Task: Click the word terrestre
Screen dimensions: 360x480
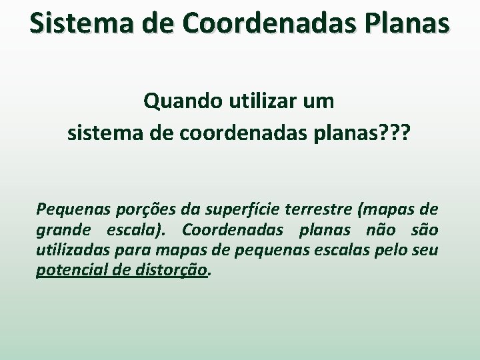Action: point(319,211)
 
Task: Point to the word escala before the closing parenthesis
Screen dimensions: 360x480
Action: point(133,231)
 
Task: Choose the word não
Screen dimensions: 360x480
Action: point(378,231)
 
